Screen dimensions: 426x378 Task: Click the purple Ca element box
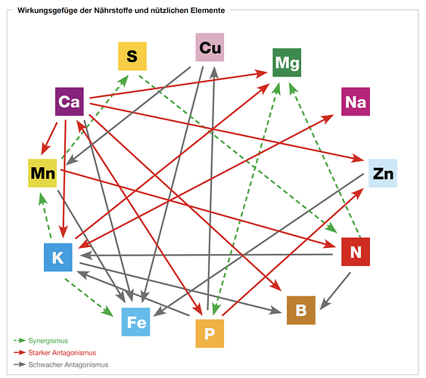click(70, 101)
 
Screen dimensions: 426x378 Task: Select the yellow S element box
click(132, 56)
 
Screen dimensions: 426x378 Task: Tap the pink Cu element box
click(210, 47)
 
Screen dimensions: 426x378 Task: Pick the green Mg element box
click(287, 63)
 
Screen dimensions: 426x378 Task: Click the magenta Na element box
click(356, 101)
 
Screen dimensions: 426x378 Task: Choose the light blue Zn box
click(383, 173)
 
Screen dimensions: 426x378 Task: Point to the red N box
click(356, 252)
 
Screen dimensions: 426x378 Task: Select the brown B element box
click(301, 310)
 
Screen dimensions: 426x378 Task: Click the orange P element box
click(210, 333)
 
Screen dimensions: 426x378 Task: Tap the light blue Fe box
click(135, 322)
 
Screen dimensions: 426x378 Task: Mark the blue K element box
click(58, 257)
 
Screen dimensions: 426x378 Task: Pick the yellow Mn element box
click(42, 173)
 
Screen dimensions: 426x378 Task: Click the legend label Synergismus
click(48, 341)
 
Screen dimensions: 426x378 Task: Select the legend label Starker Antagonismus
click(62, 353)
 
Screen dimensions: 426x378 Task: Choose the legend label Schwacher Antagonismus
click(68, 364)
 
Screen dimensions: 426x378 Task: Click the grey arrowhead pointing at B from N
click(324, 305)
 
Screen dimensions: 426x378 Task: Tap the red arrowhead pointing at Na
click(328, 118)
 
